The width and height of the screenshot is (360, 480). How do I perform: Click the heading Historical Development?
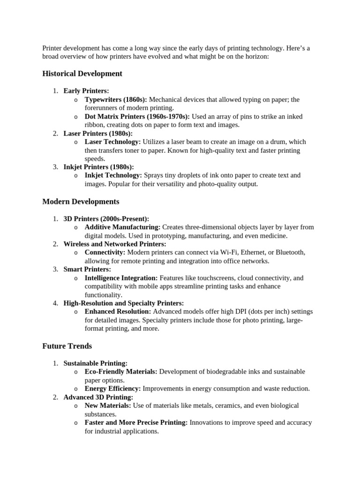[82, 74]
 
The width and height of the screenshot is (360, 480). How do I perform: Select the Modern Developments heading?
[81, 202]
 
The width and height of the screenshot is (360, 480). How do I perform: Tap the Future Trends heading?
[67, 346]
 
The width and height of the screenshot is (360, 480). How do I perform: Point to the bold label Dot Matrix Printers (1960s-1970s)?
[137, 116]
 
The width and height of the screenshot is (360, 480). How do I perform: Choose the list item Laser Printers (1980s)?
[98, 133]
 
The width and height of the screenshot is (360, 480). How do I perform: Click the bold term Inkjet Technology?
[113, 175]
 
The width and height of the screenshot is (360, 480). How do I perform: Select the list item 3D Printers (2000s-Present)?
[106, 218]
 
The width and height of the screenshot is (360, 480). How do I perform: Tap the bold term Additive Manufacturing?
[122, 227]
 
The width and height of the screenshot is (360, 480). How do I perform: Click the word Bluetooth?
[290, 252]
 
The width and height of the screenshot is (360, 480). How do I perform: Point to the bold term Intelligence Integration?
[121, 278]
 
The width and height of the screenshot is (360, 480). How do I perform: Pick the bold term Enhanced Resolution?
[118, 311]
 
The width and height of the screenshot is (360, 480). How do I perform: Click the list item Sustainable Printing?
[95, 363]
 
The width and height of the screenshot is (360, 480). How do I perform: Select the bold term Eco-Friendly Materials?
[121, 372]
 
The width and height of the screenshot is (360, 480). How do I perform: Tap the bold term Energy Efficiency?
[112, 389]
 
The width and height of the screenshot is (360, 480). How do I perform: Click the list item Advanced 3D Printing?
[98, 397]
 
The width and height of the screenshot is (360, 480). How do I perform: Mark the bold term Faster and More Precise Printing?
[136, 422]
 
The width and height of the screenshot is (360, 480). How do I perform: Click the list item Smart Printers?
[87, 269]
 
